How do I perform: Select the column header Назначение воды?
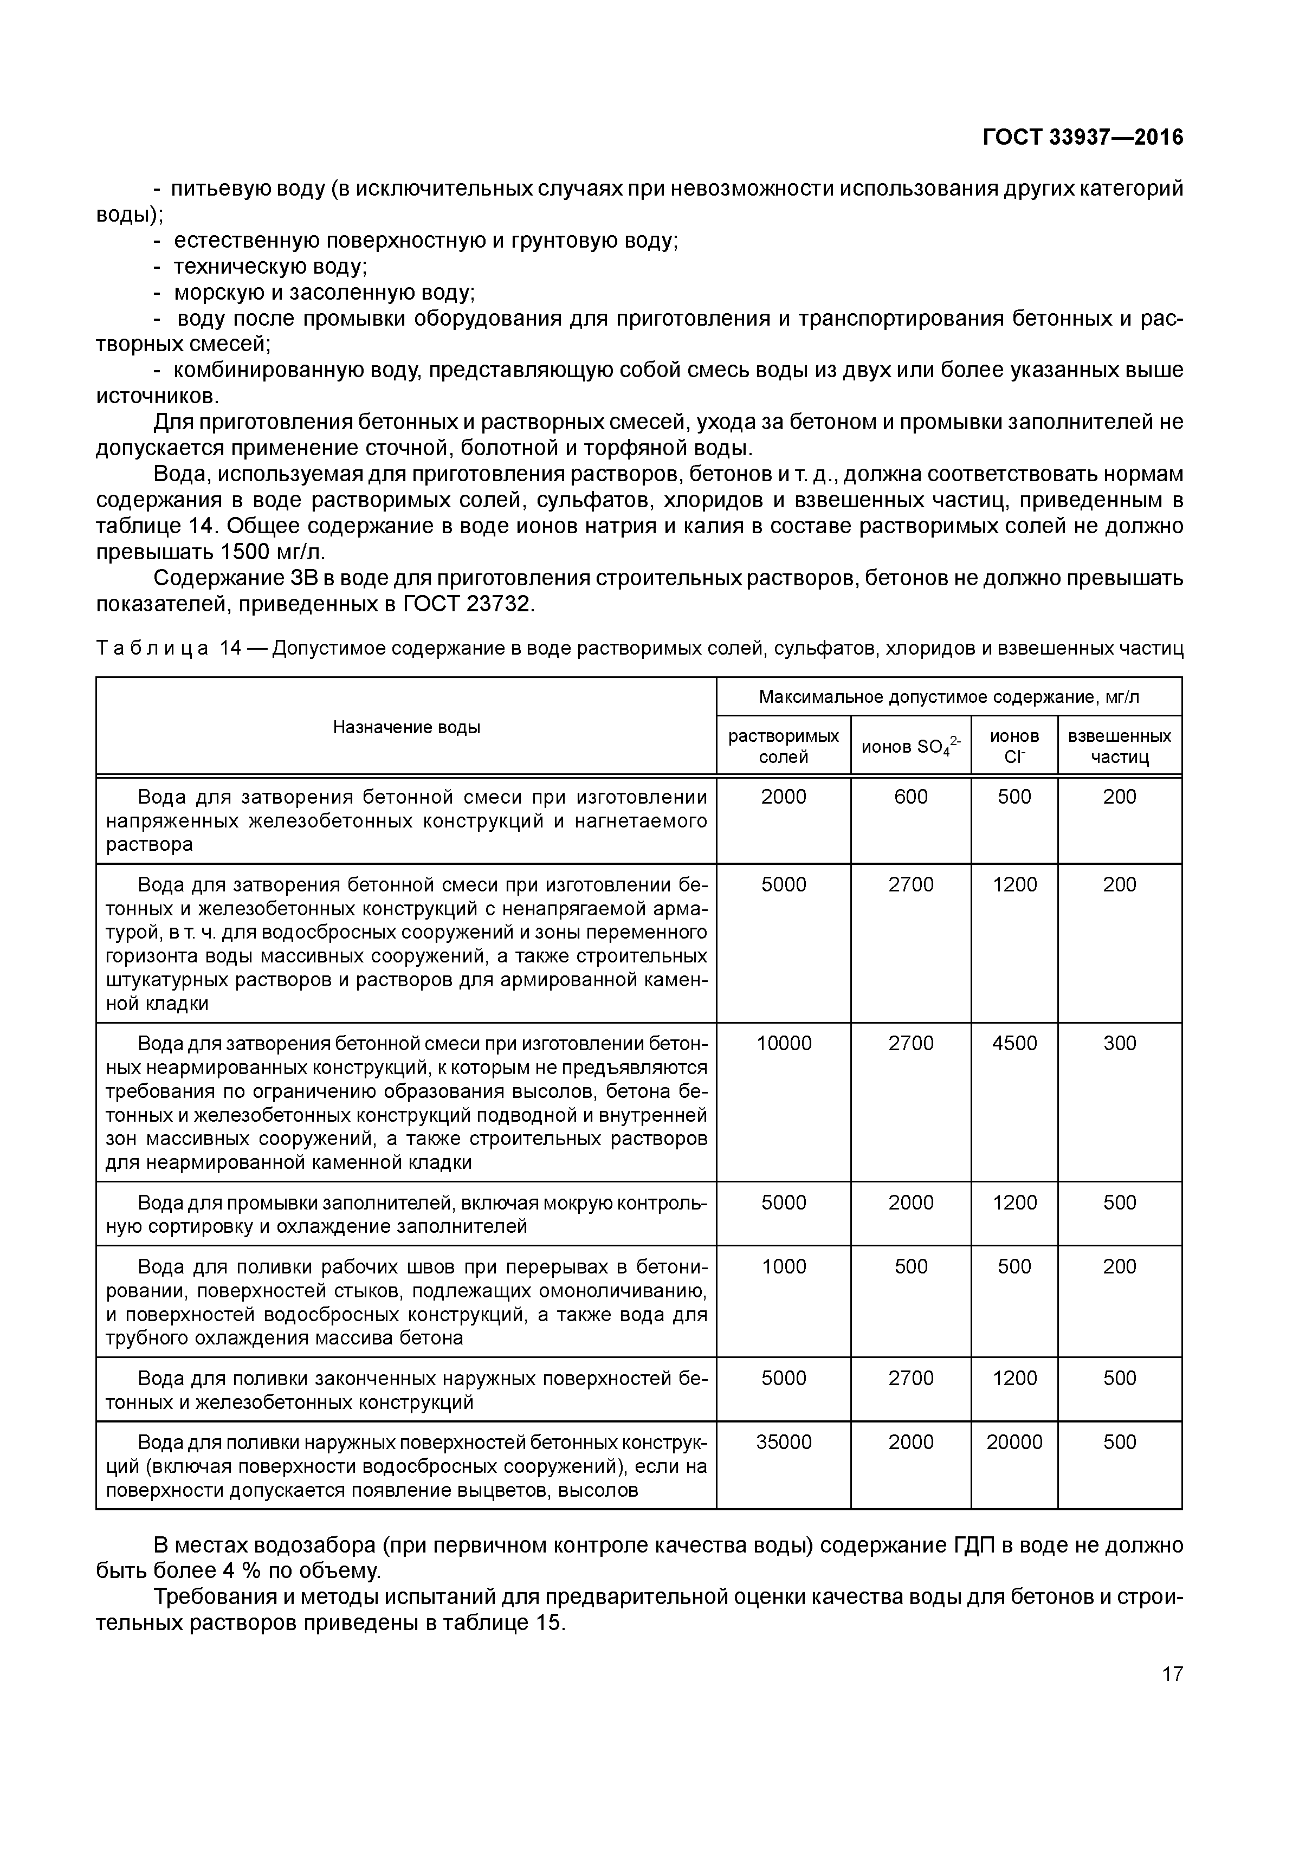point(406,727)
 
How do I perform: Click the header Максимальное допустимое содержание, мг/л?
point(948,697)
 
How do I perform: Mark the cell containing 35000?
point(783,1442)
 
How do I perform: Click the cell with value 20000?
point(1014,1442)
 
